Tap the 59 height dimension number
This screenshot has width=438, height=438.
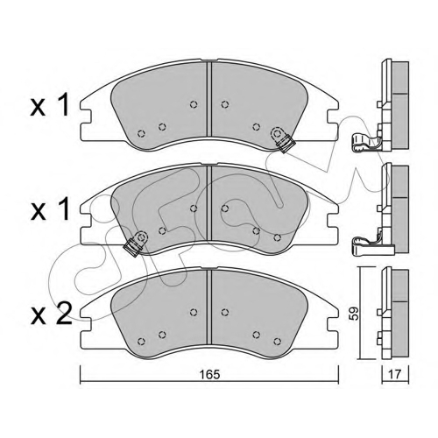355,314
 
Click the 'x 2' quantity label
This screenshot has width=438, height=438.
52,314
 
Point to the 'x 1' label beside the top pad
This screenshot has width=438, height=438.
50,105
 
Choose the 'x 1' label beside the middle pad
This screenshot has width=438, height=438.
50,209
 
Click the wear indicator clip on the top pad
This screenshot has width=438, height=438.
282,139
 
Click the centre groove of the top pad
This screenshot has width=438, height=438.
209,99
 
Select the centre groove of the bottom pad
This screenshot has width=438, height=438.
209,307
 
